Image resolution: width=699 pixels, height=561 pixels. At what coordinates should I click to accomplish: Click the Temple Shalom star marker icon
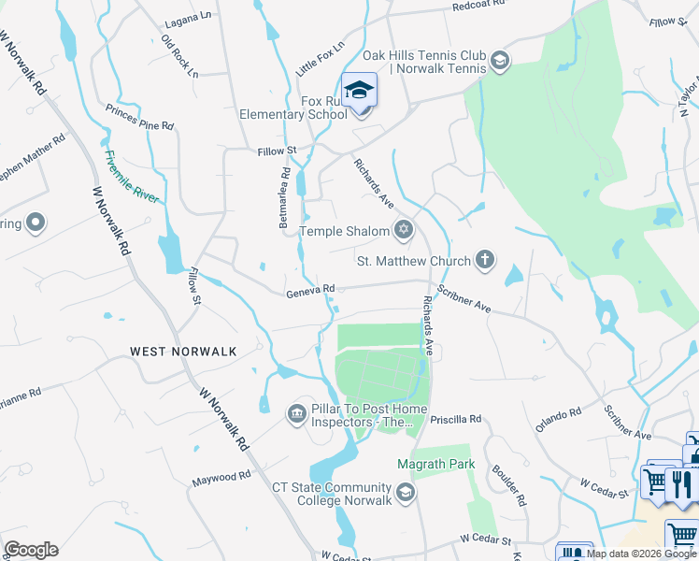[404, 229]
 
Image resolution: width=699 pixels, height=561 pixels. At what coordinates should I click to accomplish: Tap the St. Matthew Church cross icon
[484, 260]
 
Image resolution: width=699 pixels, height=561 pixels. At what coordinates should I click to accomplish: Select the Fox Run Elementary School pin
[359, 92]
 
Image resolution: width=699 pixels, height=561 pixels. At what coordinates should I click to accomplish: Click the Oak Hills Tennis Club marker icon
[500, 62]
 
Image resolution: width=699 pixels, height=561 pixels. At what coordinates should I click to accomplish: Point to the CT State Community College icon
[405, 492]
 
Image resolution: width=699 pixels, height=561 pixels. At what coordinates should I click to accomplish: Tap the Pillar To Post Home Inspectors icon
[297, 412]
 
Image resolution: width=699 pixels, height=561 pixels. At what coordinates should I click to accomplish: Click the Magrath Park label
[435, 465]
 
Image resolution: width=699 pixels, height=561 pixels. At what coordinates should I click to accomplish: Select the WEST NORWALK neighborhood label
[183, 352]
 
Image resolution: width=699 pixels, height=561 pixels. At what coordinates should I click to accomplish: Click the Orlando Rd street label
[559, 418]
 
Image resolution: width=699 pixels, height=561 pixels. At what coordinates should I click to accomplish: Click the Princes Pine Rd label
[140, 118]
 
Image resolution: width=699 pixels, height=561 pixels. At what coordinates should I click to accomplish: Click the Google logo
[31, 550]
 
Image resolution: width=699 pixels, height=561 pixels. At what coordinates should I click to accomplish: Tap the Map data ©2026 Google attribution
[641, 554]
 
